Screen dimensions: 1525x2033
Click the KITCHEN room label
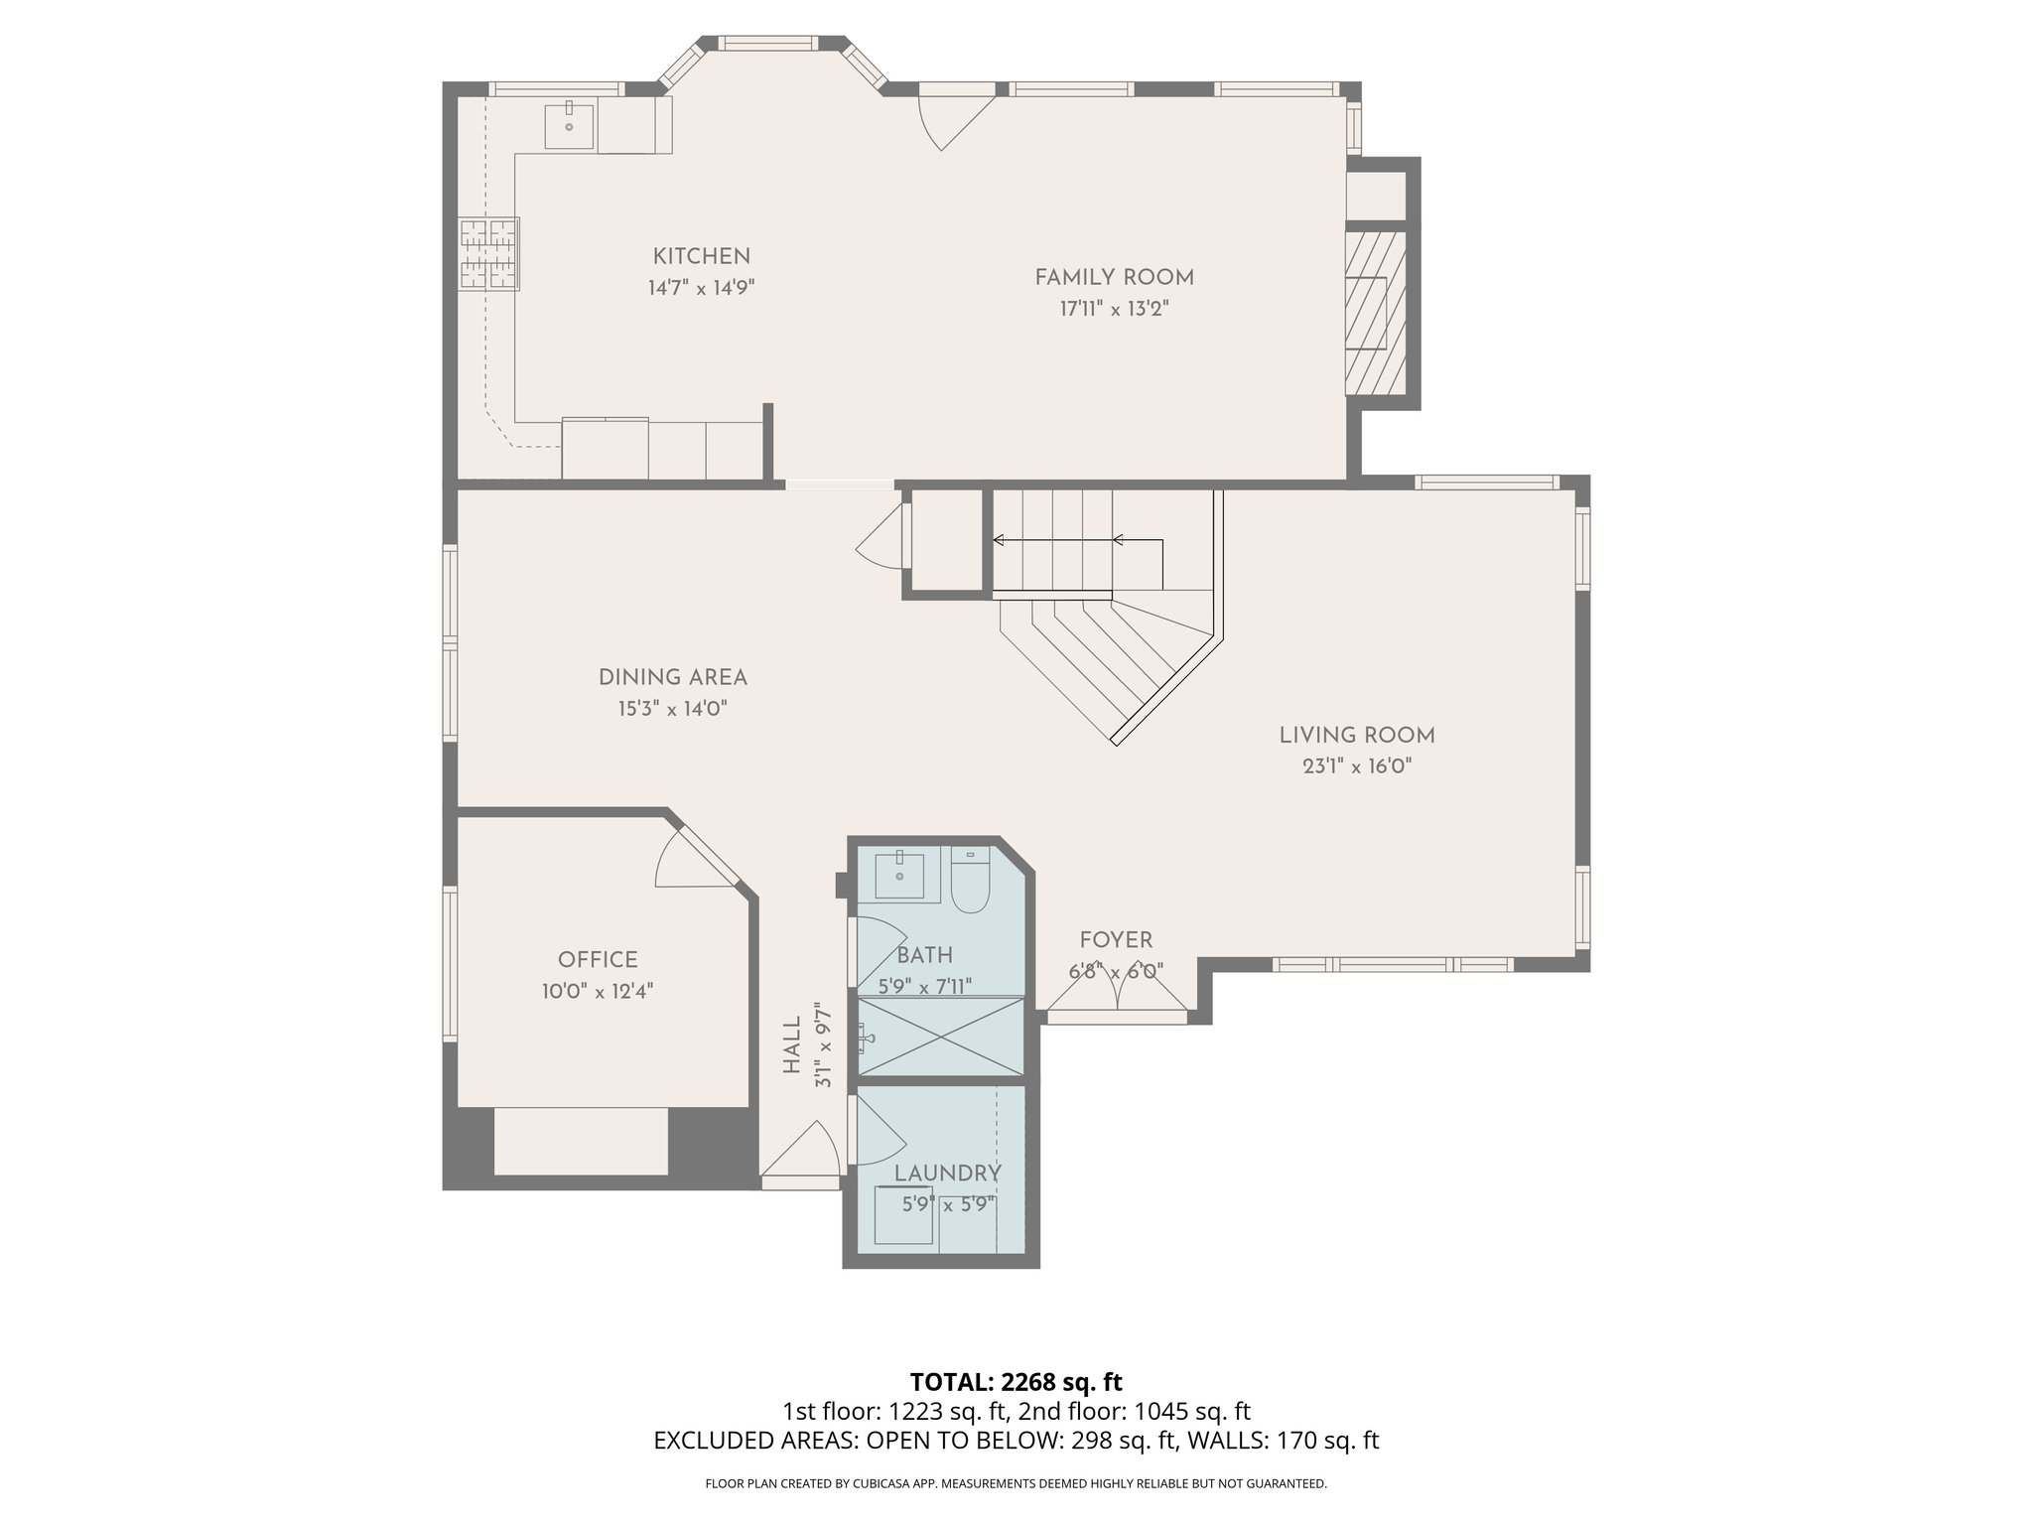point(701,256)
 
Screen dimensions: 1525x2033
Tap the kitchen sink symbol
point(569,126)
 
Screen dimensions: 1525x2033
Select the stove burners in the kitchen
point(488,254)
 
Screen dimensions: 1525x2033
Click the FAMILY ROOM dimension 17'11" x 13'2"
point(1114,309)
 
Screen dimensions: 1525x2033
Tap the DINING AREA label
point(672,677)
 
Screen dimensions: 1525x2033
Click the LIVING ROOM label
point(1356,736)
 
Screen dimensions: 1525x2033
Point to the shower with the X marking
point(939,1037)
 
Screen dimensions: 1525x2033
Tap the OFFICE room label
point(598,960)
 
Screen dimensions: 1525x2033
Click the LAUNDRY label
point(947,1174)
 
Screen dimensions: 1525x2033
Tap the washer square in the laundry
point(902,1215)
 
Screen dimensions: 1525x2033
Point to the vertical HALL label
point(792,1044)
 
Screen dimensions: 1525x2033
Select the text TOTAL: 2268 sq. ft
point(1016,1381)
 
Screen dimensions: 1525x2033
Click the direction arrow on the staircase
point(1077,541)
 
